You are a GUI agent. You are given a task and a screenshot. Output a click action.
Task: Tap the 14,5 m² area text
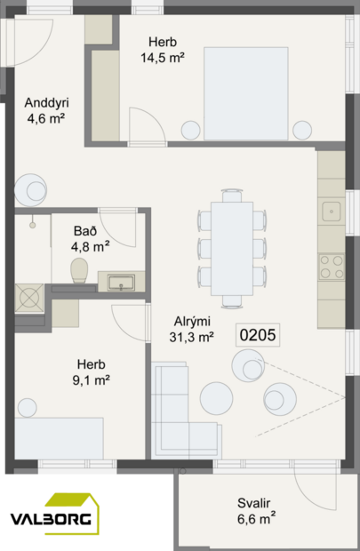(162, 58)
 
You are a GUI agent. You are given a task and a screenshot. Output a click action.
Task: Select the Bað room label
(89, 230)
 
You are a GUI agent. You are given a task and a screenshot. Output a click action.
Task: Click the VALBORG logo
(54, 517)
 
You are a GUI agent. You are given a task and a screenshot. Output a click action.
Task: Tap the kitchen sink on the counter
(332, 212)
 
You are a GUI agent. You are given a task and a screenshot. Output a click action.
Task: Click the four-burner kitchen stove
(332, 267)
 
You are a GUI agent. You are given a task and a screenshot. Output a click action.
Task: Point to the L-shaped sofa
(182, 408)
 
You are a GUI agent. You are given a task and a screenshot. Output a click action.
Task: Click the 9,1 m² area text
(91, 380)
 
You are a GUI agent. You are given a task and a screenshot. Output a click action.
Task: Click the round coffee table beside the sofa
(217, 399)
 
